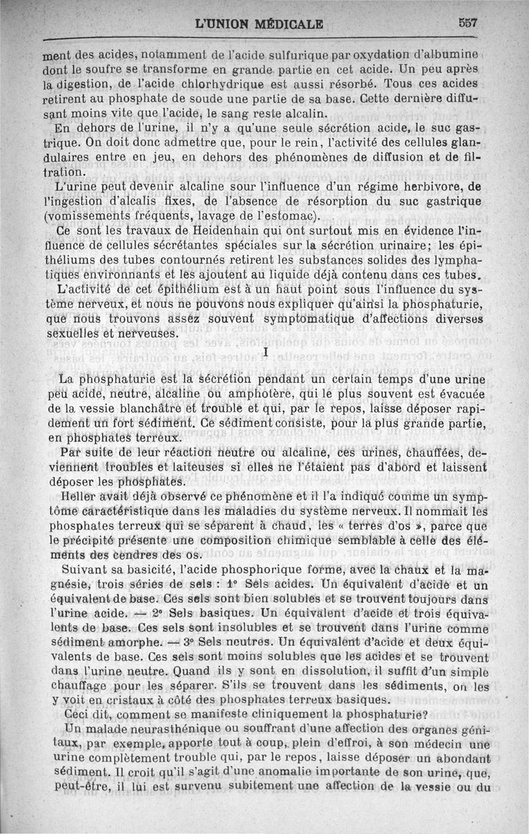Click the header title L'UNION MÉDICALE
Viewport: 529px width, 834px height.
(x=259, y=24)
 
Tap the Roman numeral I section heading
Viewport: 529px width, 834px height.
(x=265, y=353)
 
